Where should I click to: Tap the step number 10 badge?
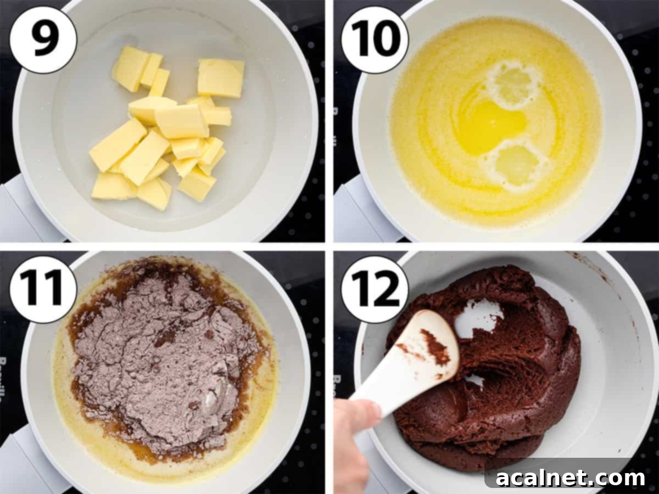tap(375, 40)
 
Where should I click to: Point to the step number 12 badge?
tap(375, 289)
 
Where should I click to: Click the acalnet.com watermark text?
tap(571, 478)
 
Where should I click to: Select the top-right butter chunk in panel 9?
tap(220, 78)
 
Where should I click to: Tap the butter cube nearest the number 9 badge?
tap(131, 68)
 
